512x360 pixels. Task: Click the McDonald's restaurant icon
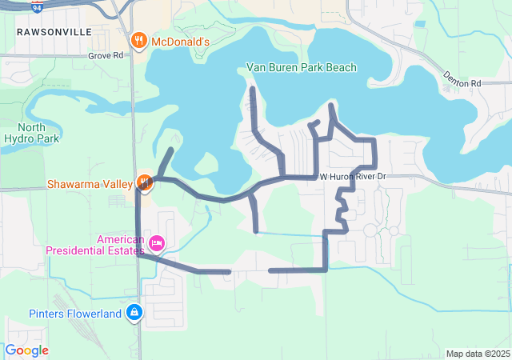click(x=138, y=41)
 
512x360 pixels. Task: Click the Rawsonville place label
click(x=53, y=31)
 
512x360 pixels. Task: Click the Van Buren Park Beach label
click(x=301, y=67)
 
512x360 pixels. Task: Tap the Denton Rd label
click(x=464, y=83)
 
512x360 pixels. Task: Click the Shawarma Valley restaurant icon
click(x=145, y=182)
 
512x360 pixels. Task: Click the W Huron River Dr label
click(x=353, y=176)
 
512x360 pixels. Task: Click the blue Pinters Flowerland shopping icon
click(x=134, y=313)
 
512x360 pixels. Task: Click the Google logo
click(x=27, y=350)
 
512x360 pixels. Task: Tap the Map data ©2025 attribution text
click(x=477, y=354)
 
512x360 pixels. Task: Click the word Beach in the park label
click(x=339, y=67)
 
